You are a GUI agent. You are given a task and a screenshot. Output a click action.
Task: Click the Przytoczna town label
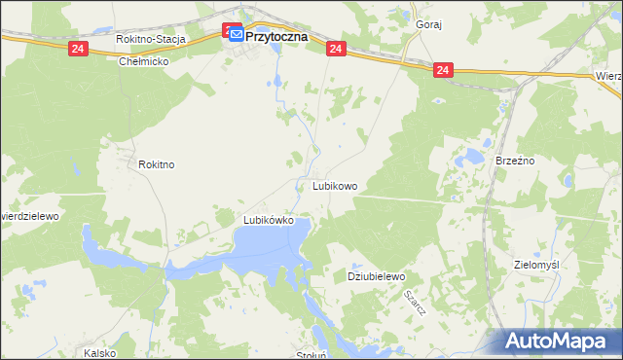(x=276, y=36)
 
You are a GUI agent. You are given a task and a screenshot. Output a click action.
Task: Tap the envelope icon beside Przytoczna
(x=237, y=36)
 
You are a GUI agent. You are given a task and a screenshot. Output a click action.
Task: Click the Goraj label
(x=428, y=25)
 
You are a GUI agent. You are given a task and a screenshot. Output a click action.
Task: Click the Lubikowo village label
(x=335, y=185)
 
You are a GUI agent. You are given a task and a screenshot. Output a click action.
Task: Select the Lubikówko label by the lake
(x=269, y=220)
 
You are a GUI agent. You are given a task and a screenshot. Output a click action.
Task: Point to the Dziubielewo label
(x=376, y=277)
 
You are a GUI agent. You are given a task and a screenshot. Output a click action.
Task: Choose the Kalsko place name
(x=101, y=352)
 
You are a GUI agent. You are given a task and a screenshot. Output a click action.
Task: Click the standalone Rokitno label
(x=156, y=165)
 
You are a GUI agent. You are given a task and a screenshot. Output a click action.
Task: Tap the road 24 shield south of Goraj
(x=443, y=70)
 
